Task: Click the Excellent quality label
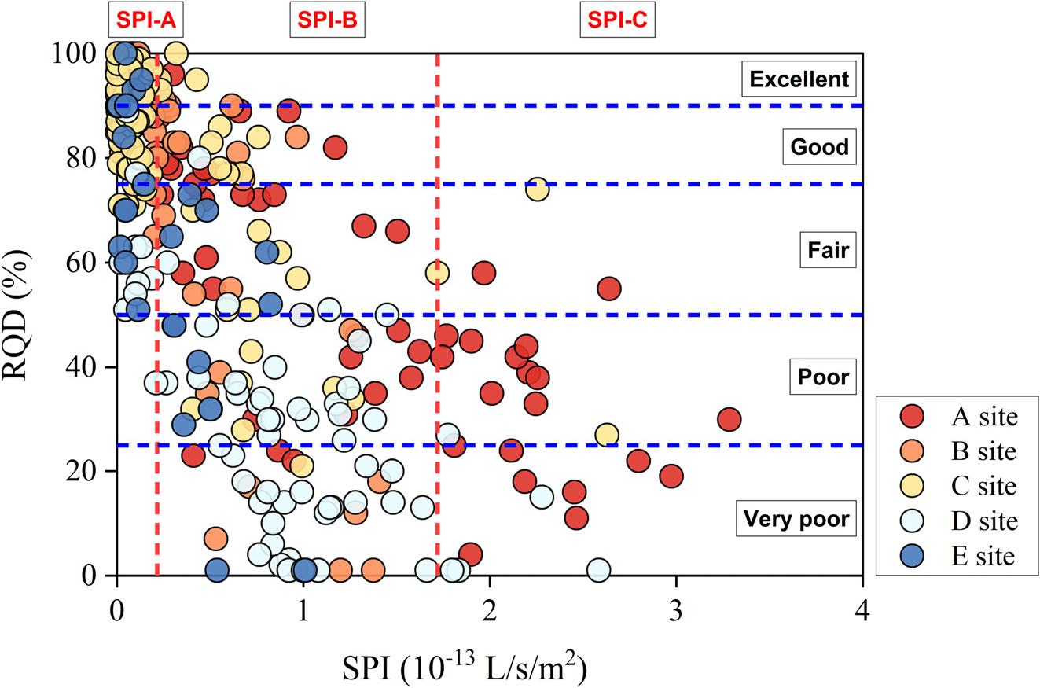[x=799, y=79]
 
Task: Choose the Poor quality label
[x=823, y=377]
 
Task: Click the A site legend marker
[x=908, y=417]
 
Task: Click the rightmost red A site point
[x=729, y=419]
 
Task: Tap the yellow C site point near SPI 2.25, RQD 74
[x=537, y=189]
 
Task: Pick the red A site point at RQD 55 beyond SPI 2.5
[x=609, y=289]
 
